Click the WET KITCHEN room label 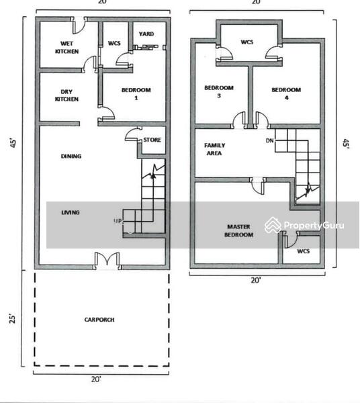coord(66,47)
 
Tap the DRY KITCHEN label coord(66,95)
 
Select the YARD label coord(146,34)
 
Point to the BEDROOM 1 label coord(136,93)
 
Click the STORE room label coord(152,140)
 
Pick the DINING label coord(71,156)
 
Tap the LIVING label coord(71,212)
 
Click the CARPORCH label coord(99,320)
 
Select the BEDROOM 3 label coord(219,91)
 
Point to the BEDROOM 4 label coord(286,93)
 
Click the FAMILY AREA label coord(214,149)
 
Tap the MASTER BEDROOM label coord(238,230)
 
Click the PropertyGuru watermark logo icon coord(273,225)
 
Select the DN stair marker coord(269,140)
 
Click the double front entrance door coord(107,259)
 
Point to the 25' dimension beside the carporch coord(12,318)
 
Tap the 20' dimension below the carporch coord(96,379)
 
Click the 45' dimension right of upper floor coord(346,144)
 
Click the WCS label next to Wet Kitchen coord(114,43)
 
